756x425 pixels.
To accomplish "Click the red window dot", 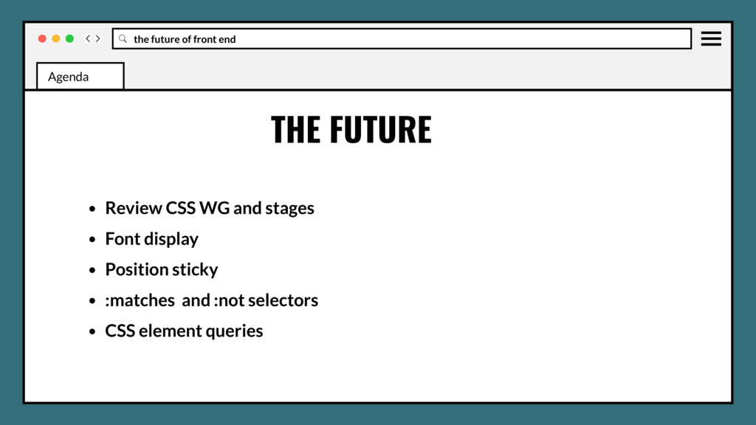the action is [42, 38].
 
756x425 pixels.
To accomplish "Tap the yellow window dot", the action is [56, 38].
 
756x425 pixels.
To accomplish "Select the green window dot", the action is [69, 38].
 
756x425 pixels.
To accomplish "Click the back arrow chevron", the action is [88, 38].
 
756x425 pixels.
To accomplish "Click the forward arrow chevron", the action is [98, 38].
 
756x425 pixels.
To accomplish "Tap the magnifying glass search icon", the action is [123, 38].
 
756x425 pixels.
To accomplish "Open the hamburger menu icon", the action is [711, 38].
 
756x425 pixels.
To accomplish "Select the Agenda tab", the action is [80, 76].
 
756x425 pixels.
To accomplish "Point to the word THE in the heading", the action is [295, 130].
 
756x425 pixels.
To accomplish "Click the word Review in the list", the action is [133, 208].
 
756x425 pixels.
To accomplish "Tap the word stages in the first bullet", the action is [289, 209].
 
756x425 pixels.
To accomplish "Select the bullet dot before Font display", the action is [92, 240].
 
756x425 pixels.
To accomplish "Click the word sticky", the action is [193, 270].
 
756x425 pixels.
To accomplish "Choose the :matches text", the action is [140, 300].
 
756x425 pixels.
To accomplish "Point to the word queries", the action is [234, 331].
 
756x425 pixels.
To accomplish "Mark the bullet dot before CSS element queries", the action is [92, 332].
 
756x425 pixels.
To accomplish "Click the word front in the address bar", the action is [205, 39].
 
